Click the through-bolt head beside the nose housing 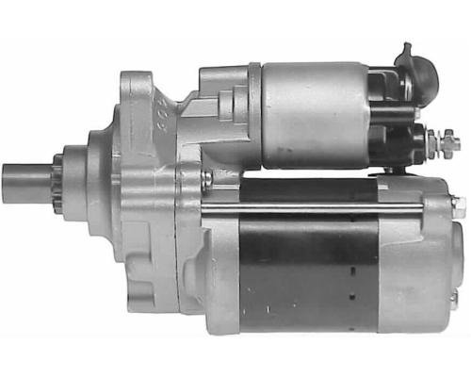(206, 176)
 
